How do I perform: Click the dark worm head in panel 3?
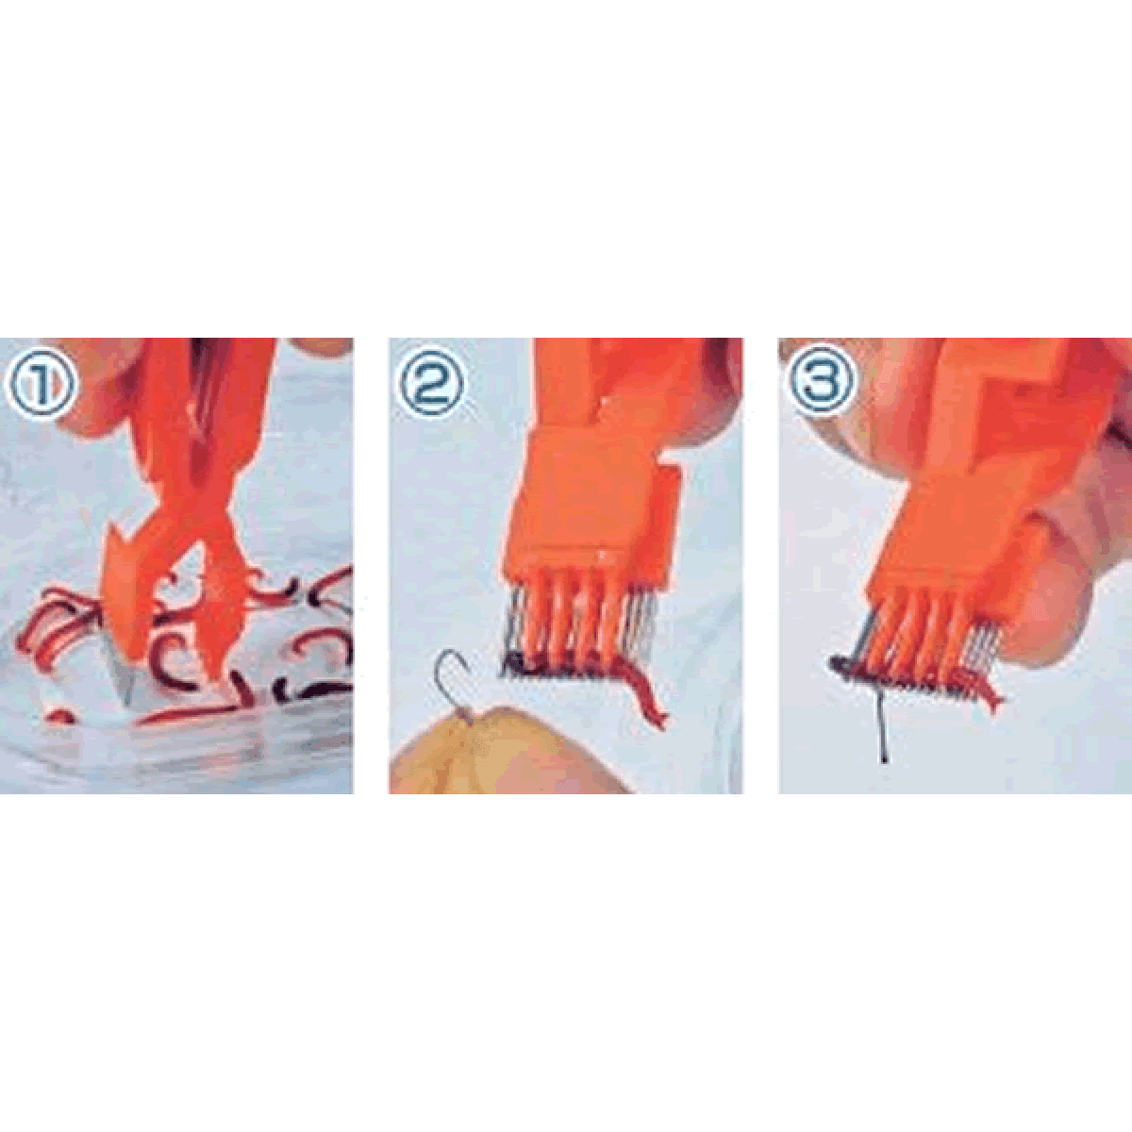tap(843, 664)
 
